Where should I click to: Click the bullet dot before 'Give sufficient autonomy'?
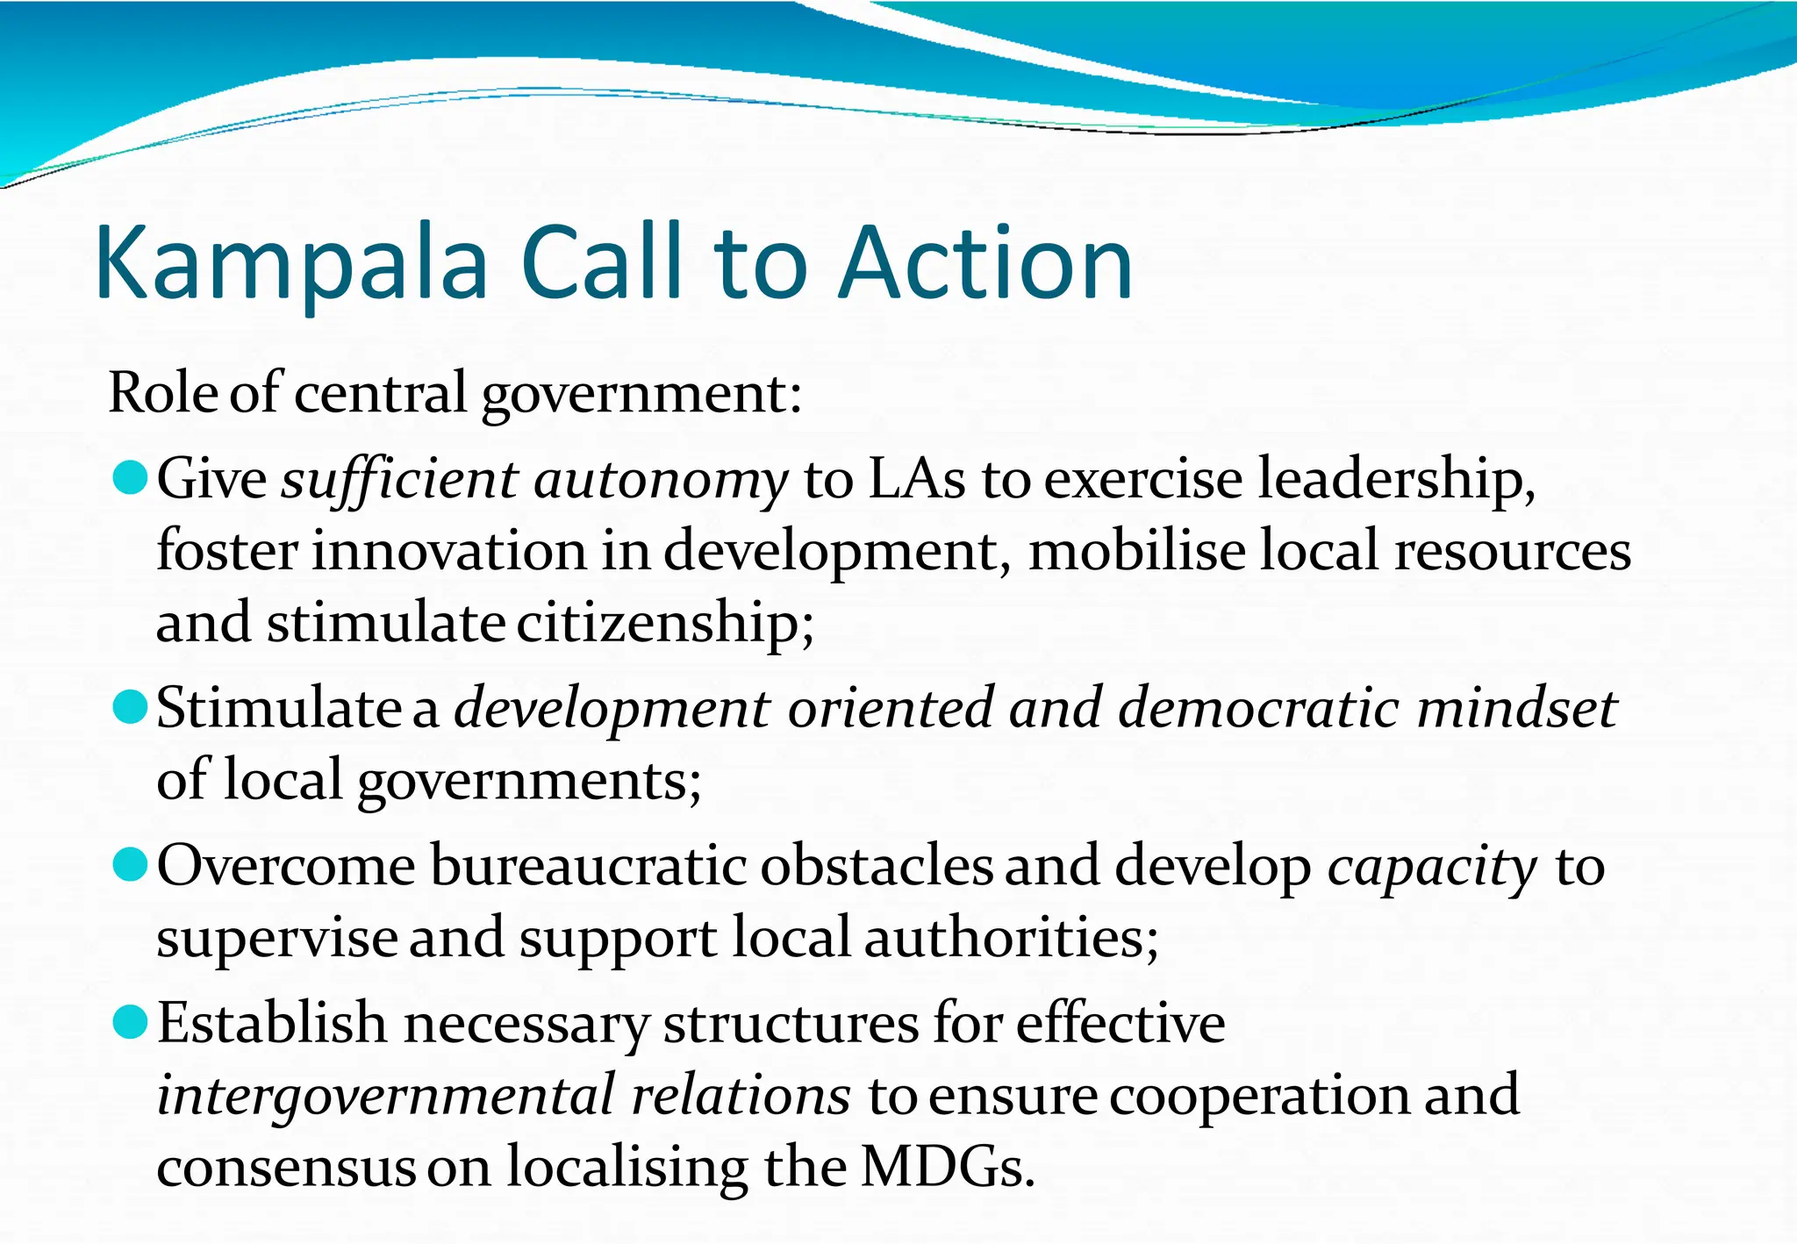coord(131,478)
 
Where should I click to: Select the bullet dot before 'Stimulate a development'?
coord(131,707)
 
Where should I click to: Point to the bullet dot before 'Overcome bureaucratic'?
coord(131,865)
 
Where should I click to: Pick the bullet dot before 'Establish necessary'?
coord(131,1023)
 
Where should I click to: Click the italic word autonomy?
coord(661,482)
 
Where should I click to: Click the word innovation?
coord(448,552)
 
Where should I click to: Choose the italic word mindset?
coord(1516,708)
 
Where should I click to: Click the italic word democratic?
coord(1258,708)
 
